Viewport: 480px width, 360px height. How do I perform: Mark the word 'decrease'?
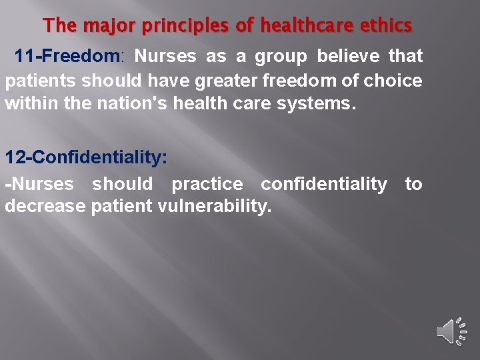(45, 206)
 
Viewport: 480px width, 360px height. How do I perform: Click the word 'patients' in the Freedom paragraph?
(41, 81)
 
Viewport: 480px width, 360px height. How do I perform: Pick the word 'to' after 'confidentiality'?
(413, 183)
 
